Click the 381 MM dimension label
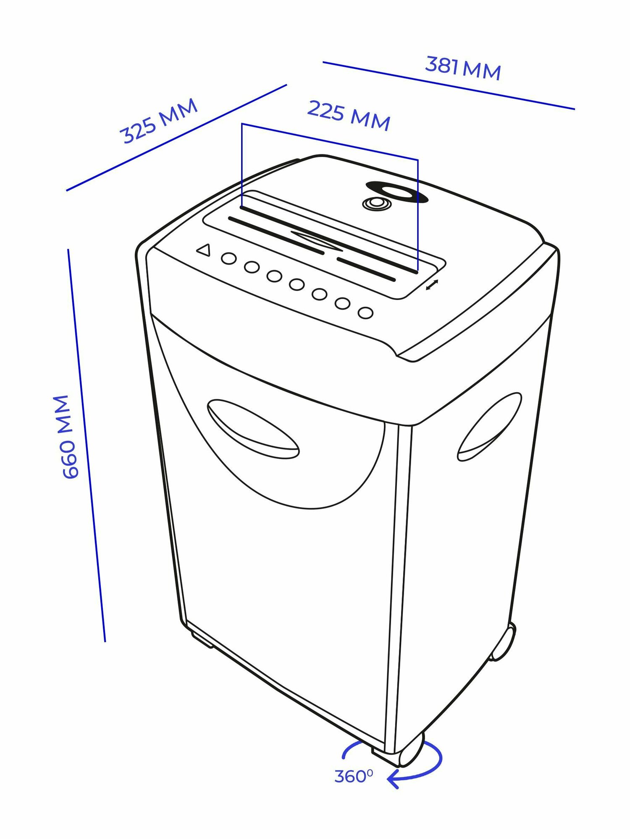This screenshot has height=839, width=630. pos(463,68)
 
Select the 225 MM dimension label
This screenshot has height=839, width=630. pos(349,115)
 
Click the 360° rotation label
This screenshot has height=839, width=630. pos(353,776)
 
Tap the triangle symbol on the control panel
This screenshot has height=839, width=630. pos(204,250)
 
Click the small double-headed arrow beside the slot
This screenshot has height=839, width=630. pos(432,285)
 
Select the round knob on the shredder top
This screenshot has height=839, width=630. pos(377,204)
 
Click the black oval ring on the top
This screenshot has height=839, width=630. pos(397,192)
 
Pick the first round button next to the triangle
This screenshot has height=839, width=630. pos(228,258)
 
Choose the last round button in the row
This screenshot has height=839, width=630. pos(365,313)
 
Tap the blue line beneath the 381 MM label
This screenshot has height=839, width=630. pos(448,86)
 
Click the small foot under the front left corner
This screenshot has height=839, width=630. pos(202,641)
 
